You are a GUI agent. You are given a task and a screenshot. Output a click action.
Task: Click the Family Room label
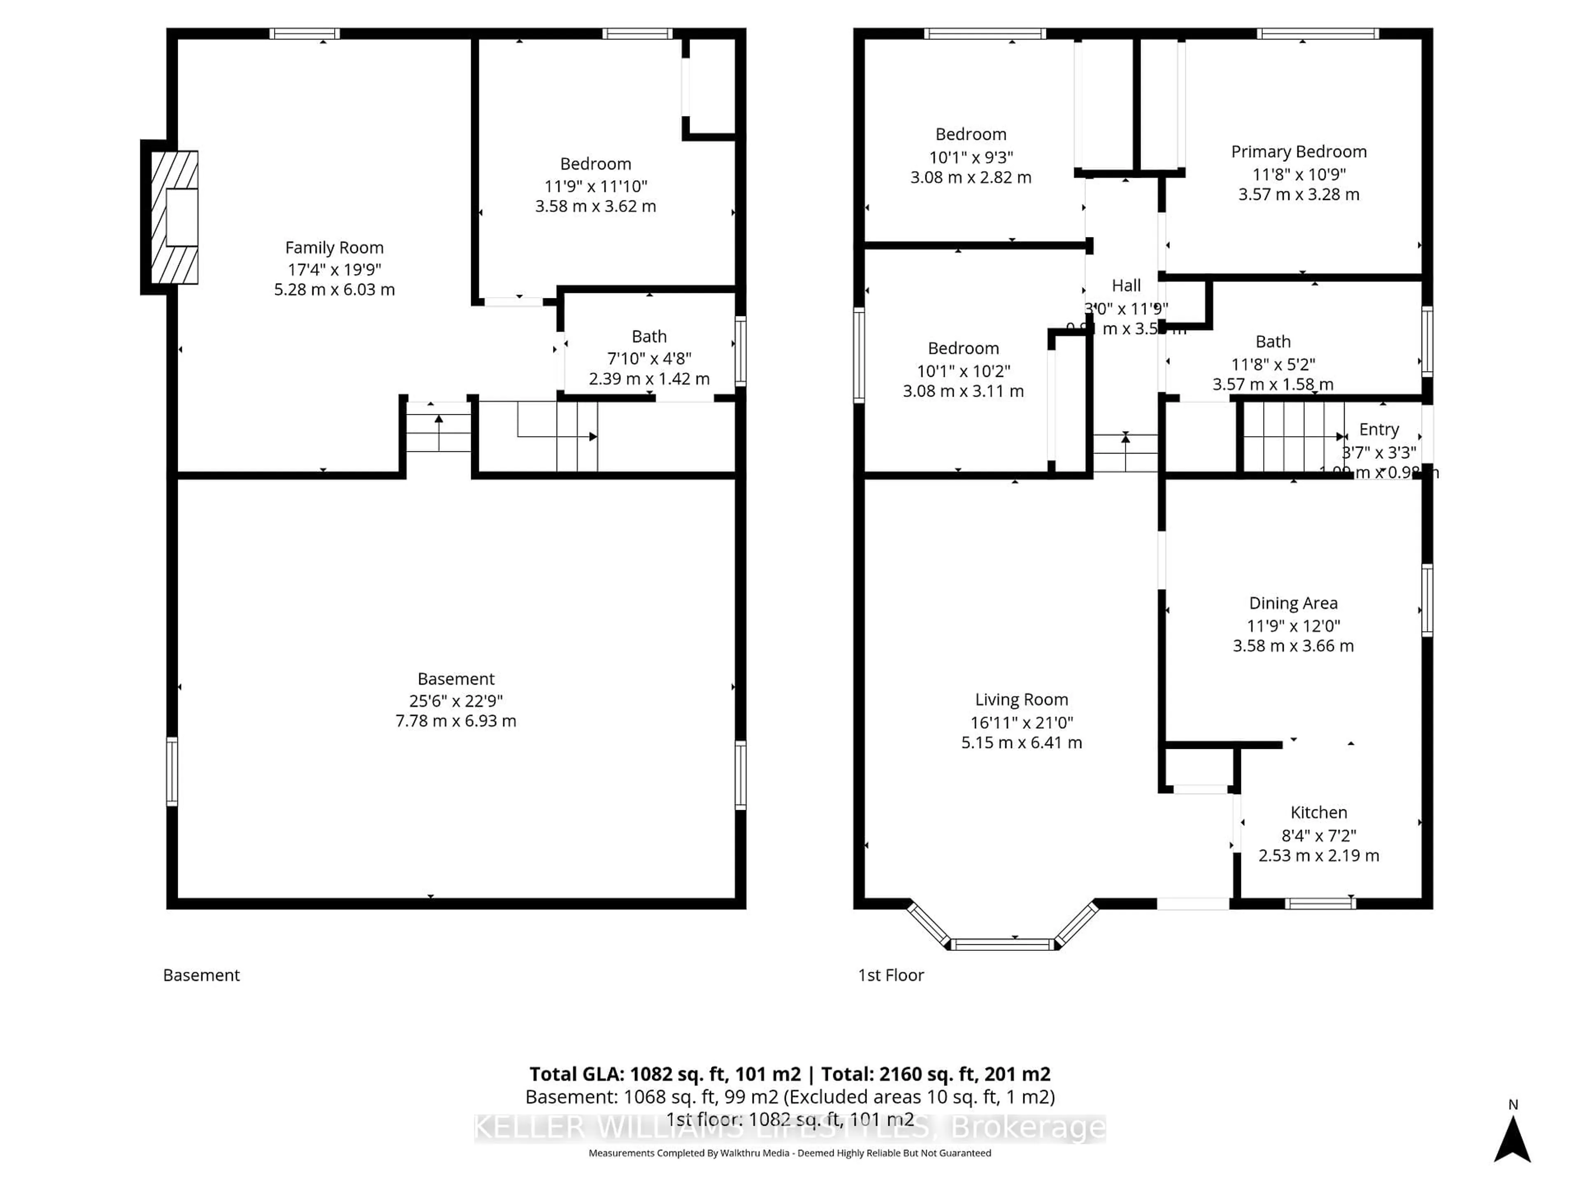coord(334,248)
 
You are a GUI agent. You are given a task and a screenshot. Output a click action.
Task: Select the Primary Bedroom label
coord(1299,151)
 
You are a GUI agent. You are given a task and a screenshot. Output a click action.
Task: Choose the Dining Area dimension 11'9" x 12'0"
coord(1293,626)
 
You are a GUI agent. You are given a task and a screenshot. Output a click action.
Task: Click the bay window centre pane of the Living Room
coord(1003,944)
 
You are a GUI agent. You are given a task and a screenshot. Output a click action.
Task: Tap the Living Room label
coord(1021,699)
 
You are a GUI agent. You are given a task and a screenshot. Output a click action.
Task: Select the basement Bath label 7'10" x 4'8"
coord(648,358)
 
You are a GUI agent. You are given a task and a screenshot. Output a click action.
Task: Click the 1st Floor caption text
coord(891,975)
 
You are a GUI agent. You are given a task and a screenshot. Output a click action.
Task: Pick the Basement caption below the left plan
coord(202,975)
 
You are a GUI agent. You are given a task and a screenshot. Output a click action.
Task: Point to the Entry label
coord(1378,429)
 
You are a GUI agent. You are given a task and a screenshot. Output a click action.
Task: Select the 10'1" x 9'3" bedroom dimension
coord(971,157)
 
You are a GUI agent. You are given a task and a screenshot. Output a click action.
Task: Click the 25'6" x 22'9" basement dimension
coord(456,701)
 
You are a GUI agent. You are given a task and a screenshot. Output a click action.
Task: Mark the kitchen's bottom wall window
coord(1320,904)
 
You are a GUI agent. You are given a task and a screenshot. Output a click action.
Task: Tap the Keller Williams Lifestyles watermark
coord(789,1128)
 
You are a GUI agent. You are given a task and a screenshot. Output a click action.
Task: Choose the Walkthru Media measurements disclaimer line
coord(789,1153)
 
